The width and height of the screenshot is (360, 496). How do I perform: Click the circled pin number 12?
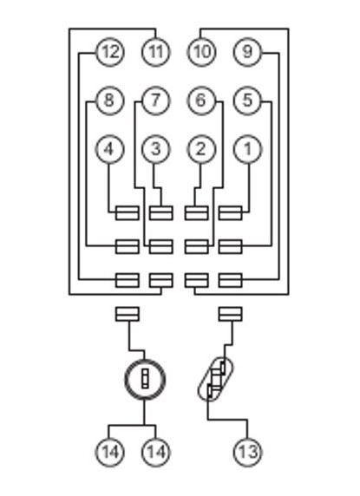(x=110, y=52)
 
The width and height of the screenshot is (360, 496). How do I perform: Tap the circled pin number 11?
(x=156, y=52)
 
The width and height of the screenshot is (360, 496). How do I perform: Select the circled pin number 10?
(x=202, y=52)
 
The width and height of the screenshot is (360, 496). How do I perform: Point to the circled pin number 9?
(x=248, y=52)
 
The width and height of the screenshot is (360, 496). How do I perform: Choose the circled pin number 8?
(x=110, y=101)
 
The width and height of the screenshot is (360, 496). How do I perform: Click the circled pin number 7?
(x=156, y=101)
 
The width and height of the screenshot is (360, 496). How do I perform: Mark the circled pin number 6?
(x=202, y=101)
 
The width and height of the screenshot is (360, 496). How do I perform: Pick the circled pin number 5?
(x=248, y=101)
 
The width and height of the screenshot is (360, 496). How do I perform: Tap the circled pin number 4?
(x=110, y=149)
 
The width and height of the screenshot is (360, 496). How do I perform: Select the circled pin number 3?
(x=156, y=149)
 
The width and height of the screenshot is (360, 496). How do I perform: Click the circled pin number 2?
(x=202, y=149)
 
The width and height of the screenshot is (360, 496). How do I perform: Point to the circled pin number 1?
(x=248, y=149)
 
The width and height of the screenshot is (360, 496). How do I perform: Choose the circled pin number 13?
(x=248, y=452)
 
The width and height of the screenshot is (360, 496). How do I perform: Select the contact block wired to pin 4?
(x=128, y=213)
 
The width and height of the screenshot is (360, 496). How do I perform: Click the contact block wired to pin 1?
(x=230, y=213)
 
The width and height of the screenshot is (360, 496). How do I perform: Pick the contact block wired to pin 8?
(x=128, y=247)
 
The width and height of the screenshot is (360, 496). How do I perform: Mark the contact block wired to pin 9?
(x=230, y=281)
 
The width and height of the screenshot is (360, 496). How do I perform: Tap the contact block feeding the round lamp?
(x=128, y=314)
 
